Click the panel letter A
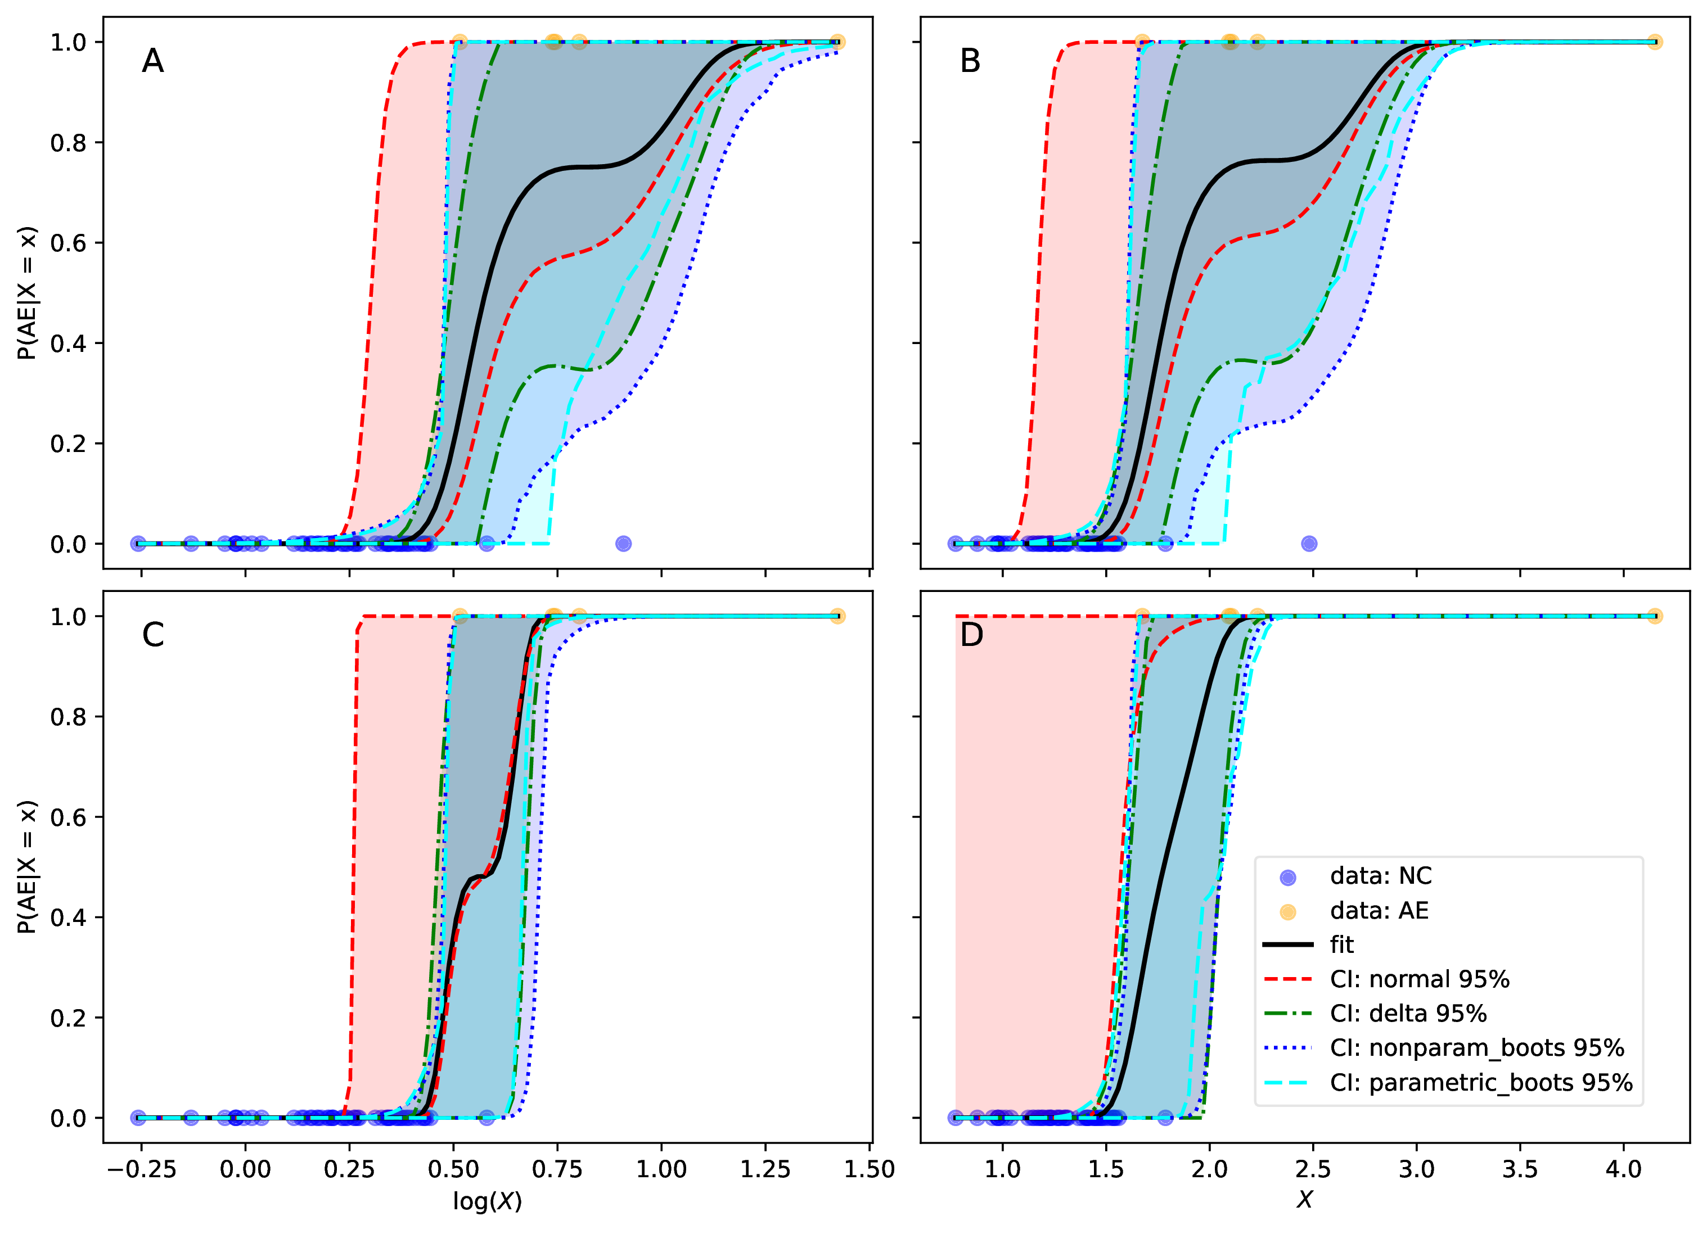pos(153,61)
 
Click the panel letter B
pos(970,61)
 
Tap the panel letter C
pos(153,635)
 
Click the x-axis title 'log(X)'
pos(487,1201)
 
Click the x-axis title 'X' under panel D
pos(1304,1199)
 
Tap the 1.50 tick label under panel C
pos(870,1169)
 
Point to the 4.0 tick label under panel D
pos(1623,1169)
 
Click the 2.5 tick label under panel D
pos(1313,1169)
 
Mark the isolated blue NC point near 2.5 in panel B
pos(1309,543)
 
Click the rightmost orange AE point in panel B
pos(1654,42)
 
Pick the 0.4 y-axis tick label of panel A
pos(67,343)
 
